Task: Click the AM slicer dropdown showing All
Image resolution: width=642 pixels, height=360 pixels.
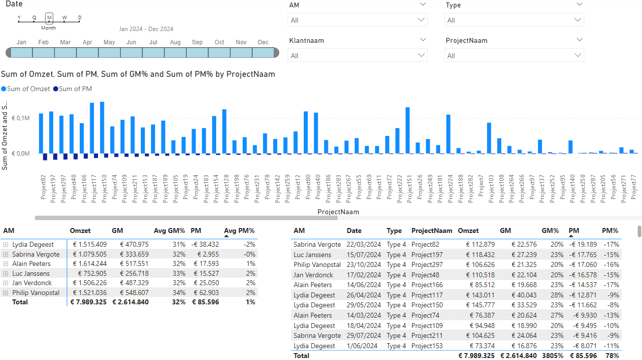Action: point(357,20)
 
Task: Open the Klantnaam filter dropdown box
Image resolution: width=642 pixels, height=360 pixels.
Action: point(357,56)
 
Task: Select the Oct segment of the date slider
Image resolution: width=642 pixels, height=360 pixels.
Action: point(219,53)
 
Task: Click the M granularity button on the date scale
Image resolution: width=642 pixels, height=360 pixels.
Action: point(49,18)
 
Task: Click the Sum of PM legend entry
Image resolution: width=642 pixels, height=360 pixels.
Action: point(73,89)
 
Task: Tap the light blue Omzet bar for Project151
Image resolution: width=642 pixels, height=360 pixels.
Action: point(408,131)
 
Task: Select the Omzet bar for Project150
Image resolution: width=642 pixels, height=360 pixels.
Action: point(102,128)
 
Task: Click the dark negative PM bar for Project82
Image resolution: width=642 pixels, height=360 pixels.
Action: point(45,157)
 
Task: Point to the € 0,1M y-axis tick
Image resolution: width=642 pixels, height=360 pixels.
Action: point(21,118)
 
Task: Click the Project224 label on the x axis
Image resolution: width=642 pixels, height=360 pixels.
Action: point(450,189)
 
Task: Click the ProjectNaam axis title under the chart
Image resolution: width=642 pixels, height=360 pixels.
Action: point(338,212)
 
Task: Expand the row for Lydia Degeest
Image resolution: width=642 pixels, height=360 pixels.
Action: point(5,244)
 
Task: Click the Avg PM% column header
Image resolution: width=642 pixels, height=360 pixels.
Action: point(239,231)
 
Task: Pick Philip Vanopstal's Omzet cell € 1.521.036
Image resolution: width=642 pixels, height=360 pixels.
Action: point(90,293)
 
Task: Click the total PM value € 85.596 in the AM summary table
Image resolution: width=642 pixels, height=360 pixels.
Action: point(205,302)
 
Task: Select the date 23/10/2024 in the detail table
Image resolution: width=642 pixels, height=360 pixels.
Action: point(364,264)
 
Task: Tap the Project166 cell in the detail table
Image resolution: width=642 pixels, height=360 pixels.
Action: point(427,285)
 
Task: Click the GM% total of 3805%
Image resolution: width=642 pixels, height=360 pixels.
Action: point(552,356)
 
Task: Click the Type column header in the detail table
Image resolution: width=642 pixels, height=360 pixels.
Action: point(394,231)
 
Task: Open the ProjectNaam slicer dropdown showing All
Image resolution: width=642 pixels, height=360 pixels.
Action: point(514,56)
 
